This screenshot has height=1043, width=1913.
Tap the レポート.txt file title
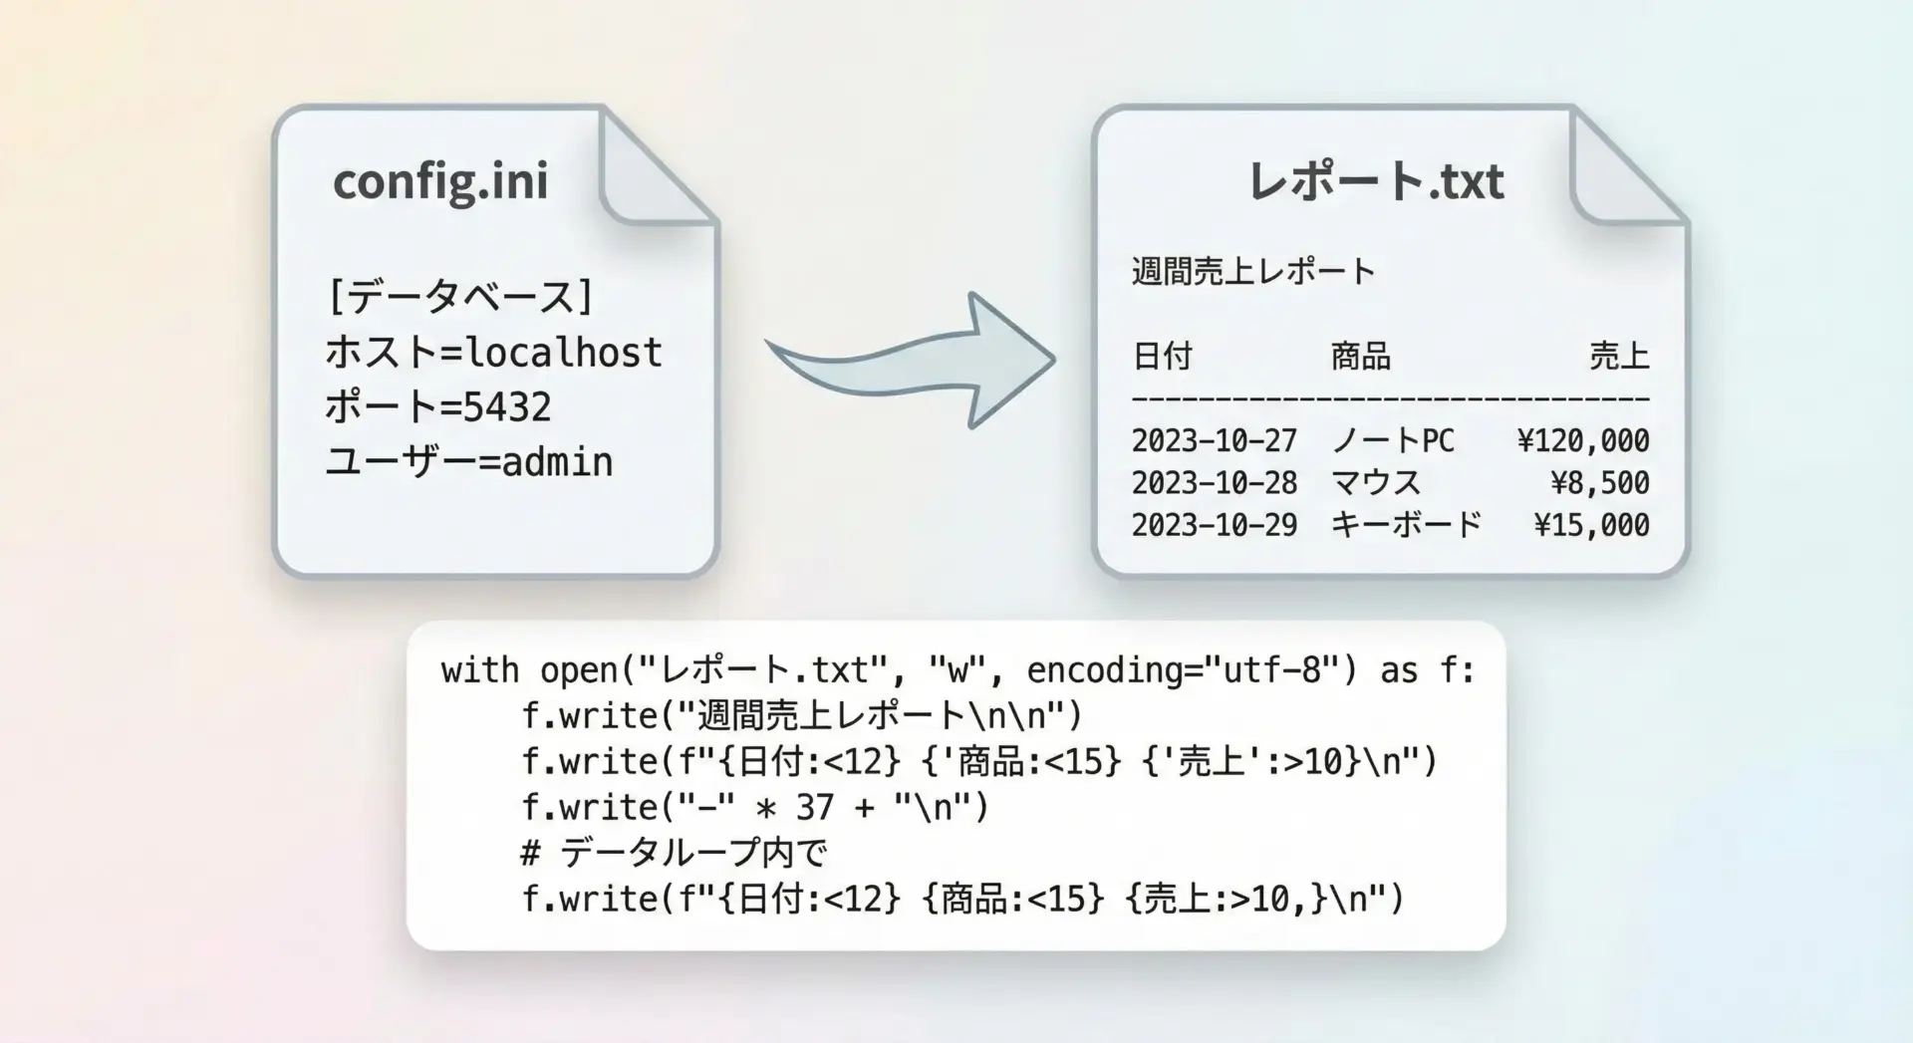tap(1376, 181)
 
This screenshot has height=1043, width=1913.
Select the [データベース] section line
tap(460, 297)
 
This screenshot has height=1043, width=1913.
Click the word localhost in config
tap(564, 352)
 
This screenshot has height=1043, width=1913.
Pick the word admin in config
tap(557, 461)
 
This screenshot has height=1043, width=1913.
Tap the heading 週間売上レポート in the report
tap(1253, 271)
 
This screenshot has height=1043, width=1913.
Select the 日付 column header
tap(1162, 356)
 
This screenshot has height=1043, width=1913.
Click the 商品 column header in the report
tap(1360, 356)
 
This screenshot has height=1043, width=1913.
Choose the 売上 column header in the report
tap(1619, 356)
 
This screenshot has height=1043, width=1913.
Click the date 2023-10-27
tap(1215, 440)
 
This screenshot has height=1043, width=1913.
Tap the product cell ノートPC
tap(1393, 440)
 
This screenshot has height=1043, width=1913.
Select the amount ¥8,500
tap(1600, 483)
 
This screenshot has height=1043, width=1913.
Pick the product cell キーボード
tap(1407, 525)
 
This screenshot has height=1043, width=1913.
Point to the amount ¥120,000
tap(1583, 440)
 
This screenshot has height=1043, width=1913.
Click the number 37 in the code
tap(814, 807)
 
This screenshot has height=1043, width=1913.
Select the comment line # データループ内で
tap(674, 853)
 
